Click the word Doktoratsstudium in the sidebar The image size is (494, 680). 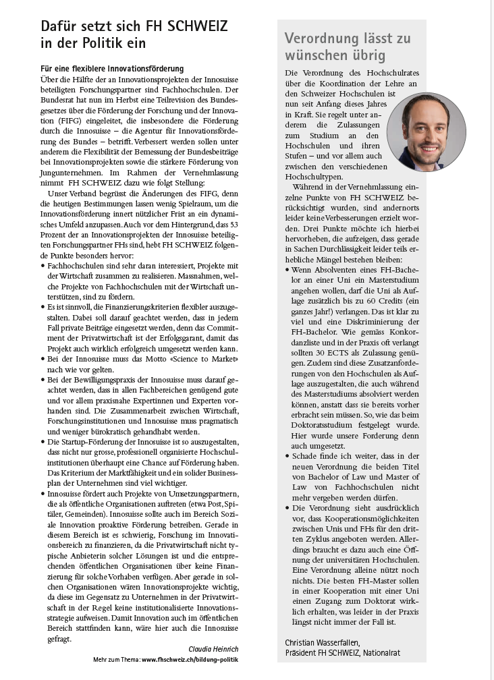pyautogui.click(x=317, y=426)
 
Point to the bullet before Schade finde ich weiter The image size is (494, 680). pyautogui.click(x=287, y=456)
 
